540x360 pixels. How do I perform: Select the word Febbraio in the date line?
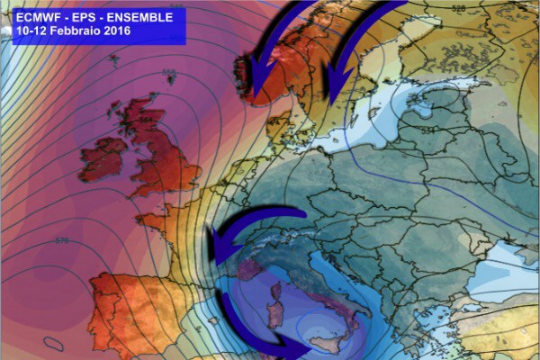78,31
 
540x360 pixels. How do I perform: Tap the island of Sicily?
328,338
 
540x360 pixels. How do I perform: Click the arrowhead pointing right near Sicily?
298,350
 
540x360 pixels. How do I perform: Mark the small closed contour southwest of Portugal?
53,343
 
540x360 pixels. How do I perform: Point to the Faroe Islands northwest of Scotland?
114,61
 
